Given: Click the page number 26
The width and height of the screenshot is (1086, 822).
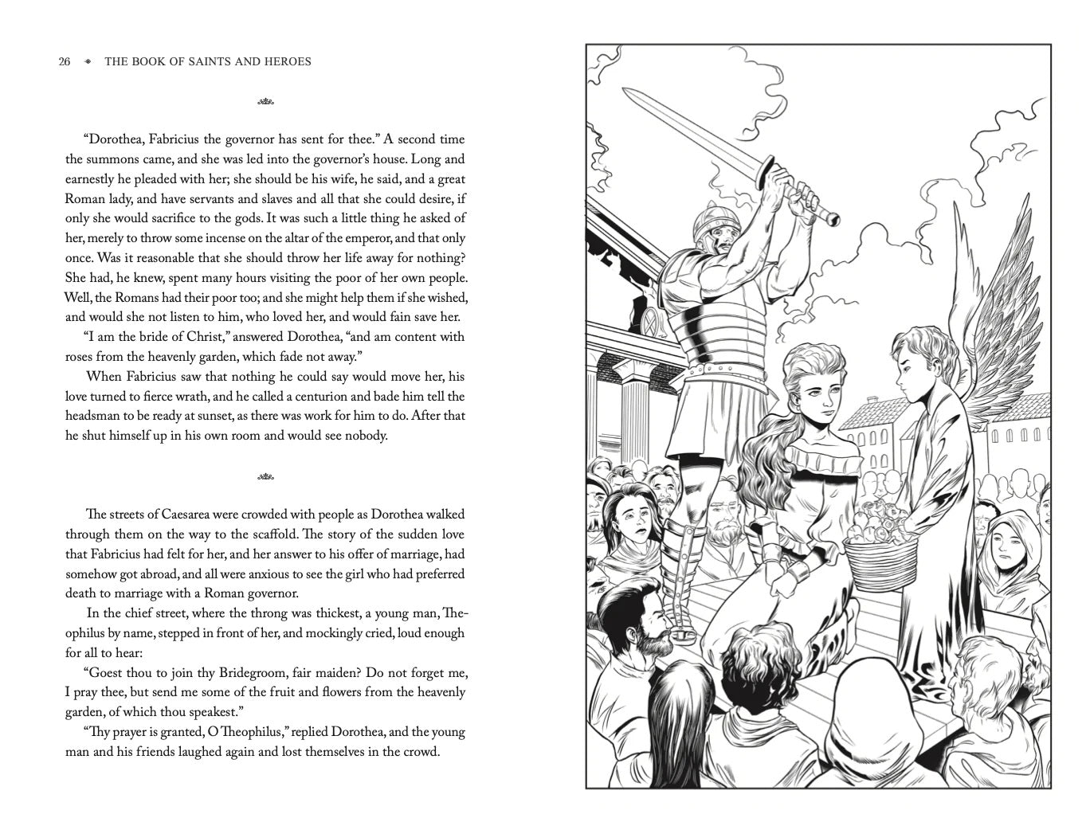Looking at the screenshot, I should (65, 61).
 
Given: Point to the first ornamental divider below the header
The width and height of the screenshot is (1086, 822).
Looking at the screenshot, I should (265, 102).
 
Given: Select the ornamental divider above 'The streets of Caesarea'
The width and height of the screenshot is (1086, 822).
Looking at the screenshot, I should (265, 478).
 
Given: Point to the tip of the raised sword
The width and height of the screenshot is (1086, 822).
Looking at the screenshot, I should (626, 94).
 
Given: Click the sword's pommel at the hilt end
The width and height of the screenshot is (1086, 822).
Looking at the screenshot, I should (833, 217).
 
